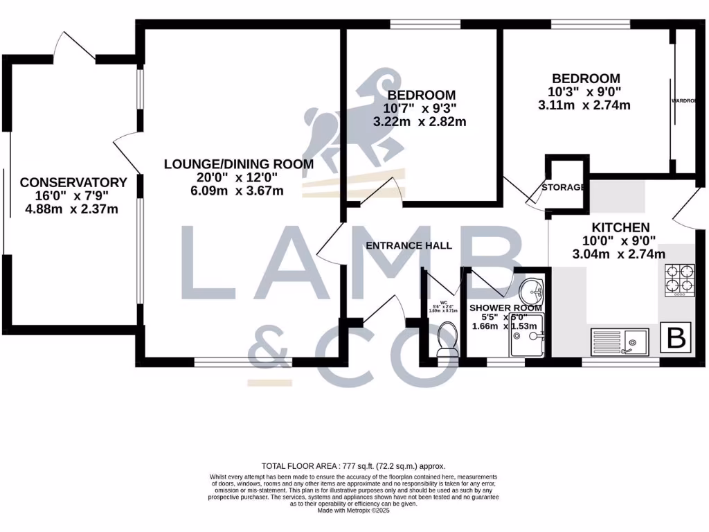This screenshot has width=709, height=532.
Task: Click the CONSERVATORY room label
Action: click(x=73, y=183)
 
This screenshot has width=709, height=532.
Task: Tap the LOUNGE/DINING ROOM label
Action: click(x=238, y=164)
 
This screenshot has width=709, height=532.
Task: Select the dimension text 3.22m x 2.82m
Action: click(x=420, y=121)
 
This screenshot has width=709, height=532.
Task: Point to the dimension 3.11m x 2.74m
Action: click(x=584, y=105)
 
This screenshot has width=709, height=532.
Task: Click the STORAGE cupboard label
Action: click(x=564, y=187)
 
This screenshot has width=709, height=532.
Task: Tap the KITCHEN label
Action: click(x=620, y=227)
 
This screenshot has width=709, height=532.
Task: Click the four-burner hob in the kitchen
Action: click(x=679, y=281)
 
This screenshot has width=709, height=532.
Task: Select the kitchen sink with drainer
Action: click(x=620, y=340)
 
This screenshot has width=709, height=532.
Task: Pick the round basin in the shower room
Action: click(x=532, y=288)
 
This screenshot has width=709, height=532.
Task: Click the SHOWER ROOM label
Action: click(x=505, y=308)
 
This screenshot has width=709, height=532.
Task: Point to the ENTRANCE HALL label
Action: click(x=409, y=245)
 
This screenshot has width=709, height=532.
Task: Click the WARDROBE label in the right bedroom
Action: click(x=683, y=101)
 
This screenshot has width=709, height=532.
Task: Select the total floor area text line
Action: click(x=353, y=466)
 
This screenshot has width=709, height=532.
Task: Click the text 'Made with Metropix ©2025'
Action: click(x=353, y=511)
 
